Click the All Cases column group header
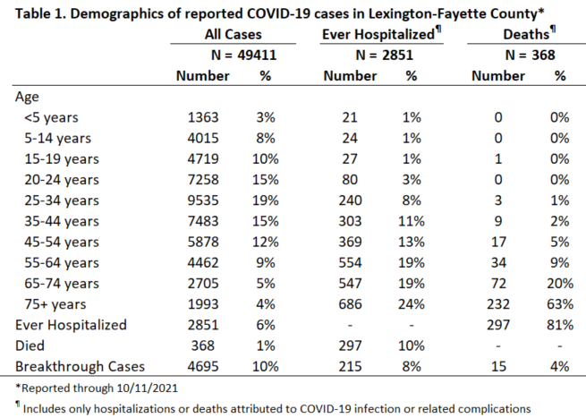click(233, 34)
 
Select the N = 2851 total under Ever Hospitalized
click(384, 55)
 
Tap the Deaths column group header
click(527, 34)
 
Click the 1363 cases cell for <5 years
click(203, 117)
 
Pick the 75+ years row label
click(55, 304)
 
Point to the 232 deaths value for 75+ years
click(498, 304)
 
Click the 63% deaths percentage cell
click(560, 304)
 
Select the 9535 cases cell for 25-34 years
click(203, 200)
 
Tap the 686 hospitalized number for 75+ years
click(350, 304)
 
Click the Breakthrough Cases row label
click(80, 366)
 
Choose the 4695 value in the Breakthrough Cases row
click(203, 366)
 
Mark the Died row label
click(30, 345)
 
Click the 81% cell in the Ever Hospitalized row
click(560, 325)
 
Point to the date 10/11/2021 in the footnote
click(147, 388)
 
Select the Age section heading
click(27, 98)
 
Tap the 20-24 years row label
click(62, 180)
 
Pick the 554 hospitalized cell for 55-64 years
click(350, 263)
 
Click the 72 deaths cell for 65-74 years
click(498, 284)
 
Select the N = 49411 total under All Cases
click(243, 55)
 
